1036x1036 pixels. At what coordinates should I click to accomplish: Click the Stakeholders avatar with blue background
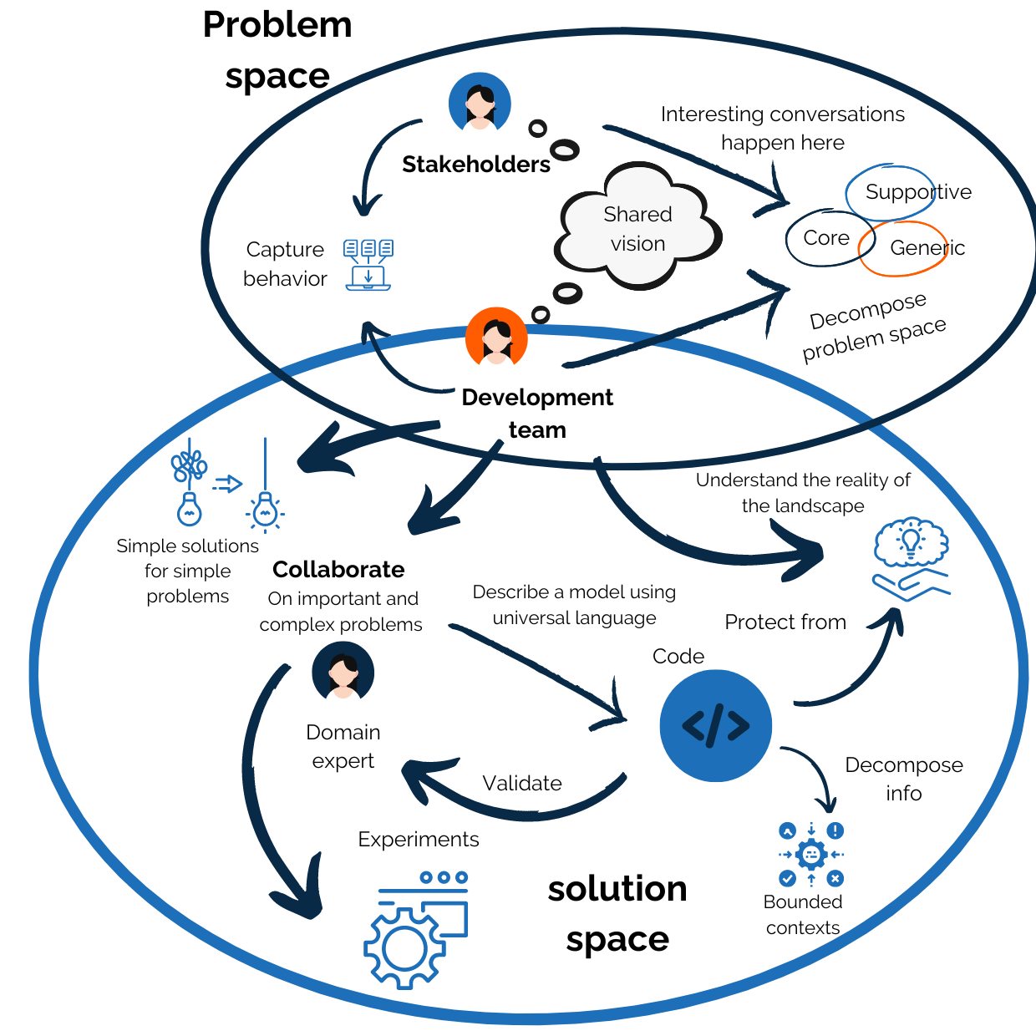[480, 103]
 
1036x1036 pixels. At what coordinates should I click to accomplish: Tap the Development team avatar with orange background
[496, 338]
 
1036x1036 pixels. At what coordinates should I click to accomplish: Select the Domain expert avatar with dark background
[343, 673]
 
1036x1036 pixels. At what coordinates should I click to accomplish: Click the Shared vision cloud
[637, 228]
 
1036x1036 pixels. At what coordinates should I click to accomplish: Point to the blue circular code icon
[715, 725]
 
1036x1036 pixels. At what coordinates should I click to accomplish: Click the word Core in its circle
[826, 238]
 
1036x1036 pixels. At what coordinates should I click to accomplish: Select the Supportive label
[917, 192]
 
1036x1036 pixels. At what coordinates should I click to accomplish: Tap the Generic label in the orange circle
[927, 248]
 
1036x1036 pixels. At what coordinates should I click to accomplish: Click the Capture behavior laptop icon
[368, 265]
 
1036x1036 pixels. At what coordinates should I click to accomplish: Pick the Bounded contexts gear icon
[810, 854]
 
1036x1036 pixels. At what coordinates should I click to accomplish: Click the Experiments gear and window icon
[416, 928]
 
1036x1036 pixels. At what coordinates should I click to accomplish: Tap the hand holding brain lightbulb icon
[911, 559]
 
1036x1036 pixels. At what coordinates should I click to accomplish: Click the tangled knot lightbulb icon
[190, 485]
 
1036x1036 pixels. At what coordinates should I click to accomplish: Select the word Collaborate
[338, 570]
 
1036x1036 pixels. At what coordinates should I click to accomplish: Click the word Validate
[522, 784]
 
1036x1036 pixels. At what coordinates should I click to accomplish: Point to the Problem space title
[277, 50]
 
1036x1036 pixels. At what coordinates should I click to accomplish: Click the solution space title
[617, 914]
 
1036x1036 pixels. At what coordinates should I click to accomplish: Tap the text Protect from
[785, 622]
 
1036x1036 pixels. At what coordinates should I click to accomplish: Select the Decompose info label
[904, 779]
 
